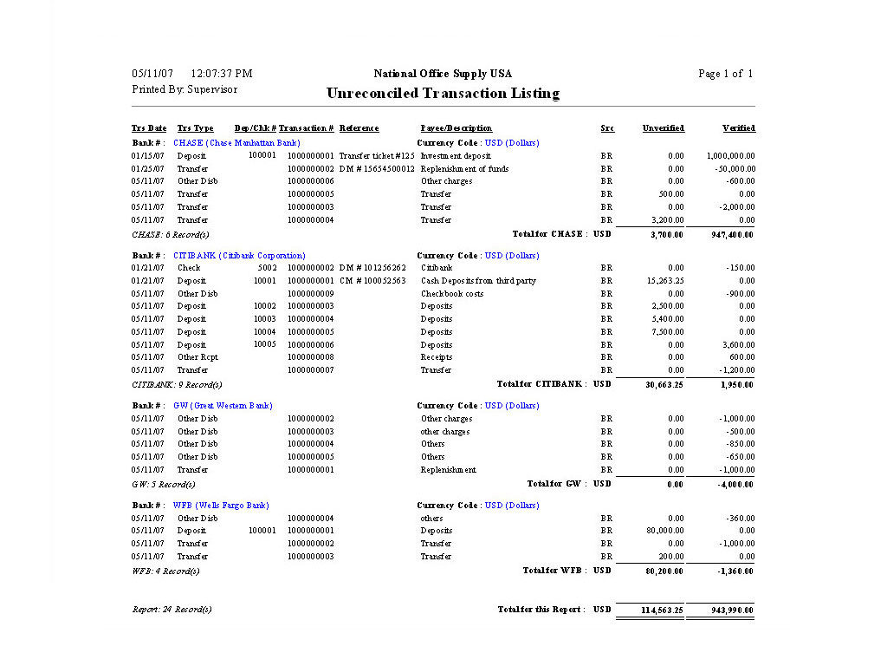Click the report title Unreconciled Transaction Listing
pyautogui.click(x=443, y=94)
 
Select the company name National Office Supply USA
pyautogui.click(x=443, y=74)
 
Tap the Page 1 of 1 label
pyautogui.click(x=725, y=74)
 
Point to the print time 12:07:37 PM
pyautogui.click(x=221, y=74)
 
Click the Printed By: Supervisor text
pyautogui.click(x=185, y=89)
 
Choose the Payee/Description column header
pyautogui.click(x=456, y=128)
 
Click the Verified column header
pyautogui.click(x=738, y=128)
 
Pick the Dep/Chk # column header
pyautogui.click(x=255, y=128)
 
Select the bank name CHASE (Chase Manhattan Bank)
pyautogui.click(x=237, y=142)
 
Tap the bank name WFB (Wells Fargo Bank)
pyautogui.click(x=221, y=506)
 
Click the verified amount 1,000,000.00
pyautogui.click(x=730, y=156)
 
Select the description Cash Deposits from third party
pyautogui.click(x=478, y=281)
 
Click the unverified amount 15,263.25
pyautogui.click(x=664, y=281)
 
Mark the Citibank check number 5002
pyautogui.click(x=267, y=268)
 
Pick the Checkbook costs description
pyautogui.click(x=452, y=294)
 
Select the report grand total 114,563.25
pyautogui.click(x=662, y=610)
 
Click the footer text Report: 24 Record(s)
pyautogui.click(x=172, y=610)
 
